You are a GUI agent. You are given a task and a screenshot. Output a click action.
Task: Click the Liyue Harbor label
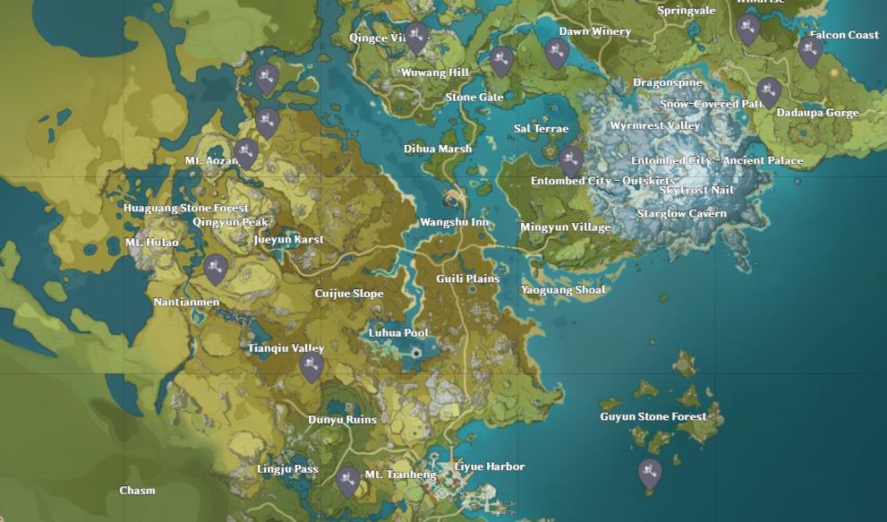(490, 466)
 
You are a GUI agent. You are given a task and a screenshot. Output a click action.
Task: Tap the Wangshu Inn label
(455, 222)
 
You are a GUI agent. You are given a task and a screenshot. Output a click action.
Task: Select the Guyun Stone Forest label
(652, 416)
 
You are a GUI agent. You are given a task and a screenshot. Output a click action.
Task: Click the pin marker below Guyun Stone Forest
(650, 472)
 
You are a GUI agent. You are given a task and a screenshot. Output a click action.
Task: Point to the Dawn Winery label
(594, 31)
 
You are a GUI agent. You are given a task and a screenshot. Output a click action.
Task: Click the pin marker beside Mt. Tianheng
(348, 480)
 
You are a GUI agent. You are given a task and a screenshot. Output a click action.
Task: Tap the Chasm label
(137, 490)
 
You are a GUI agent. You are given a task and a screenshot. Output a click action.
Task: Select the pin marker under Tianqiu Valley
(311, 365)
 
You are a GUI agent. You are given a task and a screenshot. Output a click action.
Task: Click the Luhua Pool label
(399, 333)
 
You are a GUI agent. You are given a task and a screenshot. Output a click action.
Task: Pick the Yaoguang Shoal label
(563, 289)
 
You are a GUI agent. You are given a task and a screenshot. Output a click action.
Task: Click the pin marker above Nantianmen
(215, 268)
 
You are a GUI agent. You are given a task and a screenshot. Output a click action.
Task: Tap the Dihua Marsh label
(438, 149)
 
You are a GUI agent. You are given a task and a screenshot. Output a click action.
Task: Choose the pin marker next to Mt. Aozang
(247, 152)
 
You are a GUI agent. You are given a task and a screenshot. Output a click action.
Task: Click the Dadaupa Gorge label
(817, 113)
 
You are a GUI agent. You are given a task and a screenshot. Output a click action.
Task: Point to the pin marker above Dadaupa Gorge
(768, 91)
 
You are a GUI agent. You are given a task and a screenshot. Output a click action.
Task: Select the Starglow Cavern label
(681, 214)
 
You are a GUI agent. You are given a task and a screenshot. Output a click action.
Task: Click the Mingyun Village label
(565, 227)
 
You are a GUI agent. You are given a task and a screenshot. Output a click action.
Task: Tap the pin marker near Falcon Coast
(810, 50)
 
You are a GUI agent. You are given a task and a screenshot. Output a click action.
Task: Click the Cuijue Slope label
(349, 294)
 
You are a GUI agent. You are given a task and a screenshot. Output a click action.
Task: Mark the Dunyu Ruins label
(342, 419)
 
